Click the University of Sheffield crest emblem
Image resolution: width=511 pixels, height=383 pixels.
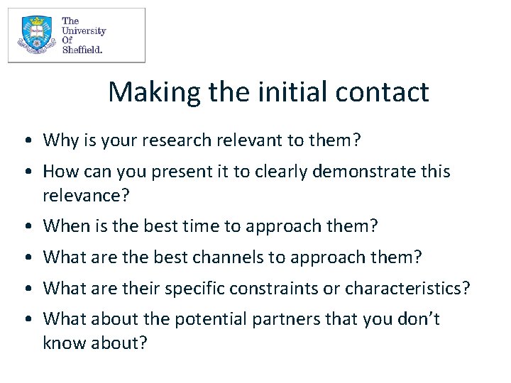(35, 35)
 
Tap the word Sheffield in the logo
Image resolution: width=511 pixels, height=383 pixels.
(82, 50)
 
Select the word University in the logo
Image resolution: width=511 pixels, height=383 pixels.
(84, 30)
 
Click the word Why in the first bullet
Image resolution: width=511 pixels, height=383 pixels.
(58, 140)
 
